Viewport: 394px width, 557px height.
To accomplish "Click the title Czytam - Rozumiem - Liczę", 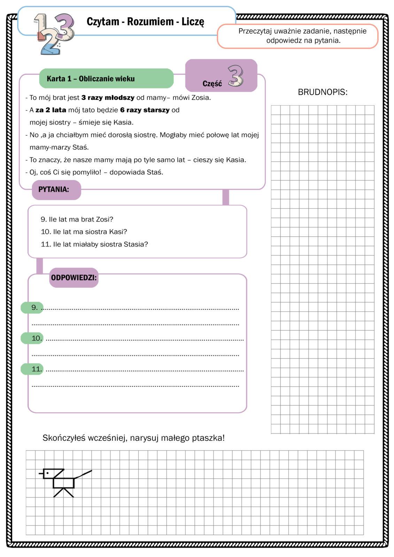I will tap(145, 22).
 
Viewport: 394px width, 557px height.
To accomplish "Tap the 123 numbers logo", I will tap(54, 33).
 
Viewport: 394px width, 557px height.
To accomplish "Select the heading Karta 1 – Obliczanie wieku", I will tap(91, 79).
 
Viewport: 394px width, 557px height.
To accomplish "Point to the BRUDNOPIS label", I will tap(323, 92).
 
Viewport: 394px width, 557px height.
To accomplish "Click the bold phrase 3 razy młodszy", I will tap(108, 98).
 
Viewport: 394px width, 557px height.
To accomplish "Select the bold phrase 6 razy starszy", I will tap(145, 110).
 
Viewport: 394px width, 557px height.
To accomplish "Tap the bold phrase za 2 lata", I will tap(51, 110).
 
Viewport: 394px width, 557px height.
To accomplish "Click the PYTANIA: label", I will tap(54, 190).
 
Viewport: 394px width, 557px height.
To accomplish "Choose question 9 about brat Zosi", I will tap(77, 219).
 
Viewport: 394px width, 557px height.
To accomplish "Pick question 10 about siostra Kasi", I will tap(84, 232).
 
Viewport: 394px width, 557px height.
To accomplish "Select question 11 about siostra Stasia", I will tap(94, 244).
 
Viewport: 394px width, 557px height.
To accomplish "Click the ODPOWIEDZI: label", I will tap(74, 278).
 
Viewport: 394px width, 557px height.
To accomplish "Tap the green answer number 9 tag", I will tap(32, 307).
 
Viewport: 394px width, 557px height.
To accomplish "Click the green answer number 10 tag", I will tap(32, 338).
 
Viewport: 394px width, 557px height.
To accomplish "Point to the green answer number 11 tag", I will tap(32, 369).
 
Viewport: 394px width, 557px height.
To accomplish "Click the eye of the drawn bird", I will tap(48, 473).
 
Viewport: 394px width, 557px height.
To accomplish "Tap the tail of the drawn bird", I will tap(83, 474).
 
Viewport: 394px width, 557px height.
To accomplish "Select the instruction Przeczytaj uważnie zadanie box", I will tap(297, 36).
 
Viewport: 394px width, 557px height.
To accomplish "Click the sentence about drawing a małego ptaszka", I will tap(134, 438).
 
